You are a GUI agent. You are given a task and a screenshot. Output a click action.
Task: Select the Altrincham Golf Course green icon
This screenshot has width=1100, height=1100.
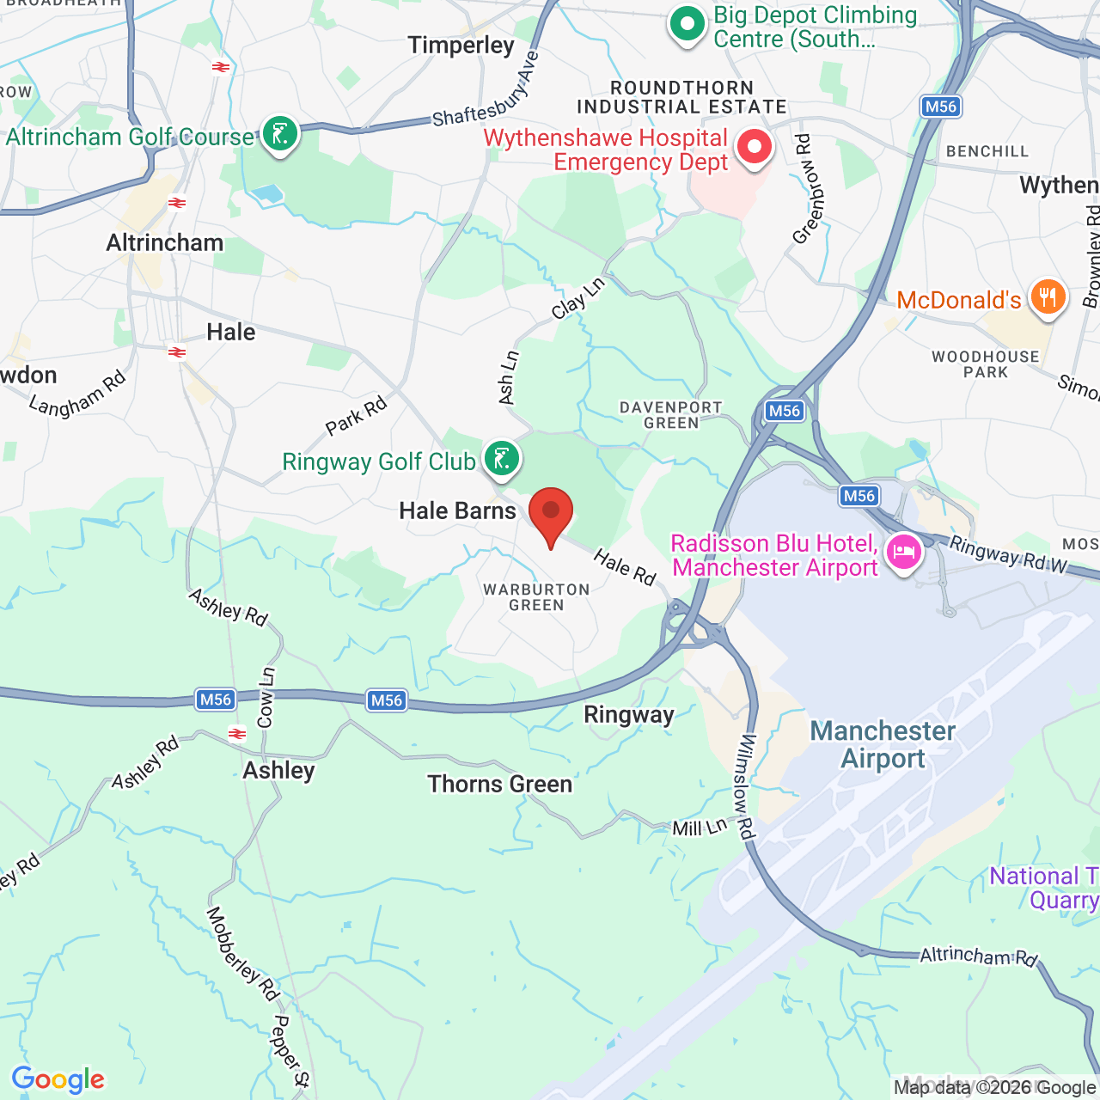click(280, 135)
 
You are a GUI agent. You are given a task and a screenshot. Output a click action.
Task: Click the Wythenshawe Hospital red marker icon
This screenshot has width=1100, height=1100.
click(755, 147)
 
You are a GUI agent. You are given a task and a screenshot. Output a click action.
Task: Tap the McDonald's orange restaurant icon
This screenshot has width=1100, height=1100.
click(1047, 297)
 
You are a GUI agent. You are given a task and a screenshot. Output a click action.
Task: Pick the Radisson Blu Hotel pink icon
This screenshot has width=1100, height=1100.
click(904, 553)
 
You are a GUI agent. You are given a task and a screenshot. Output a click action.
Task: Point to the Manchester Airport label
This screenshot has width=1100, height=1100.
click(883, 744)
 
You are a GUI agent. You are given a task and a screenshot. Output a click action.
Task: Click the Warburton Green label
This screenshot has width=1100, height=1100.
click(536, 597)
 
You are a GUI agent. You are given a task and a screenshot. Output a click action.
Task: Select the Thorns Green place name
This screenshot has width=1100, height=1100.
click(500, 784)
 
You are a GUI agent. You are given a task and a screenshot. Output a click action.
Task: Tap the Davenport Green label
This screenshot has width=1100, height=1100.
click(671, 415)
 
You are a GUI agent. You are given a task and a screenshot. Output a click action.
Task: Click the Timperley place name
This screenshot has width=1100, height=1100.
click(461, 45)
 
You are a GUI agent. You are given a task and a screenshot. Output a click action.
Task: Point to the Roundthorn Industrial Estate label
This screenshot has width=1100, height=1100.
click(682, 97)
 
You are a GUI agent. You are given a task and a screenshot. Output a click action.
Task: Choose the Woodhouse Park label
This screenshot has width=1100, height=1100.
click(986, 364)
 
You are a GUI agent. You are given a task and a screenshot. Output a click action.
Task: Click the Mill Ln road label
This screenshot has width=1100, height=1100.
click(700, 828)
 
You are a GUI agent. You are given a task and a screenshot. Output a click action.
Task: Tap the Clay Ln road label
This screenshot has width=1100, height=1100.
click(578, 297)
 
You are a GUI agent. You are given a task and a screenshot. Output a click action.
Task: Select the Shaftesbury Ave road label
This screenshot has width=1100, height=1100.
click(486, 90)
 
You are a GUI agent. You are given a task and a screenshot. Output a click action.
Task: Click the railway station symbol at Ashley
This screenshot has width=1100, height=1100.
click(237, 734)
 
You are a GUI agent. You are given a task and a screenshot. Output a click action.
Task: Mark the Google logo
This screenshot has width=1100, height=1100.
click(58, 1079)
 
